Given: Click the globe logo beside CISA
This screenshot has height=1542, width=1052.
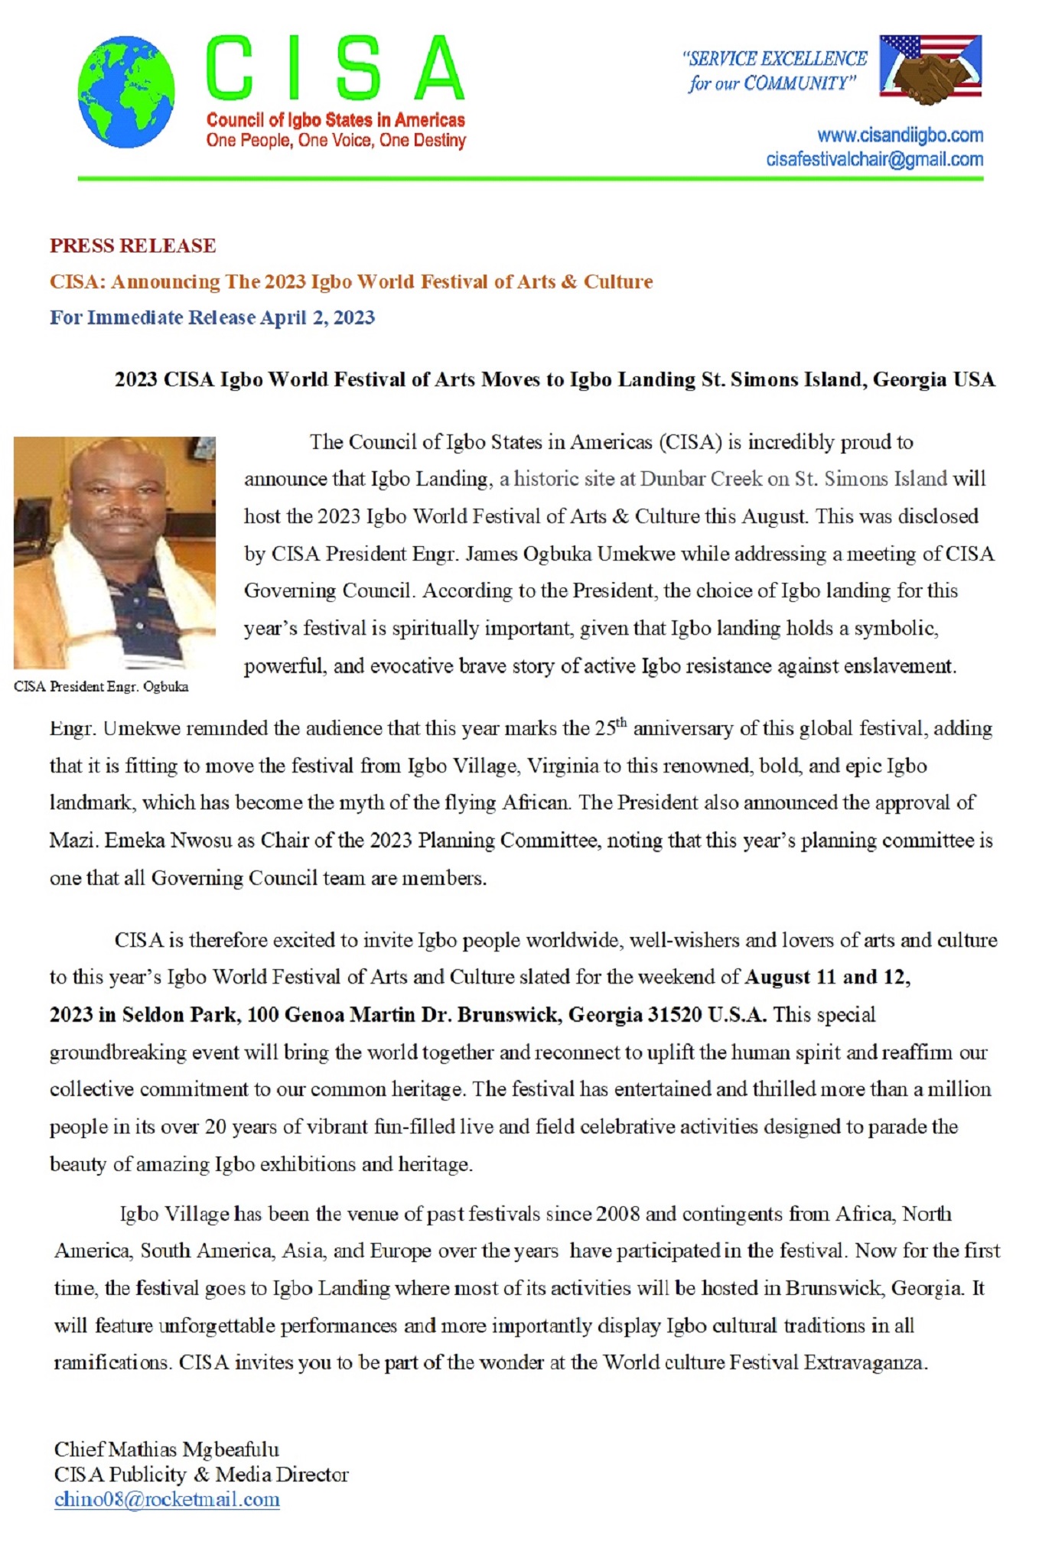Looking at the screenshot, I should point(125,92).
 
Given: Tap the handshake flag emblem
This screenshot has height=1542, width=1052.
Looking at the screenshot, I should point(930,69).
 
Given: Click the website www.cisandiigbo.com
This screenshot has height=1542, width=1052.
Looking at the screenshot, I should point(900,136).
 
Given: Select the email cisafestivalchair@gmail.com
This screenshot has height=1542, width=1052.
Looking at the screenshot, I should point(874,160).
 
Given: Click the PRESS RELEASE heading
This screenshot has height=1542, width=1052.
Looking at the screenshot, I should point(132,246).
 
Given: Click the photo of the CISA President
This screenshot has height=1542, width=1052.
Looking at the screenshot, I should point(115,552).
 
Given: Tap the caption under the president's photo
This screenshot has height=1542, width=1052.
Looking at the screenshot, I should point(101,687).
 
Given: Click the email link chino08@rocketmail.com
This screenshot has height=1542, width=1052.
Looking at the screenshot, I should point(167,1499).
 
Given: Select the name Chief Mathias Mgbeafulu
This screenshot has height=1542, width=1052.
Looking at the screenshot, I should point(166,1449).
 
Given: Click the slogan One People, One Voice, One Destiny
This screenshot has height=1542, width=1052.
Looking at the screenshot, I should point(336,141).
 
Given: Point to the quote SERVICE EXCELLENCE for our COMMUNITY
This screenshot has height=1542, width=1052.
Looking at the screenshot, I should point(774,70).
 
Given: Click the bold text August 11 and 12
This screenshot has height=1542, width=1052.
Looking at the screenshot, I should point(828,978).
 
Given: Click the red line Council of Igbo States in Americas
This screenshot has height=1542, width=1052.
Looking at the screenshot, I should point(336,120).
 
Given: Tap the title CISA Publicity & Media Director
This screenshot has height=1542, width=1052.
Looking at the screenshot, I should point(201,1475).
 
